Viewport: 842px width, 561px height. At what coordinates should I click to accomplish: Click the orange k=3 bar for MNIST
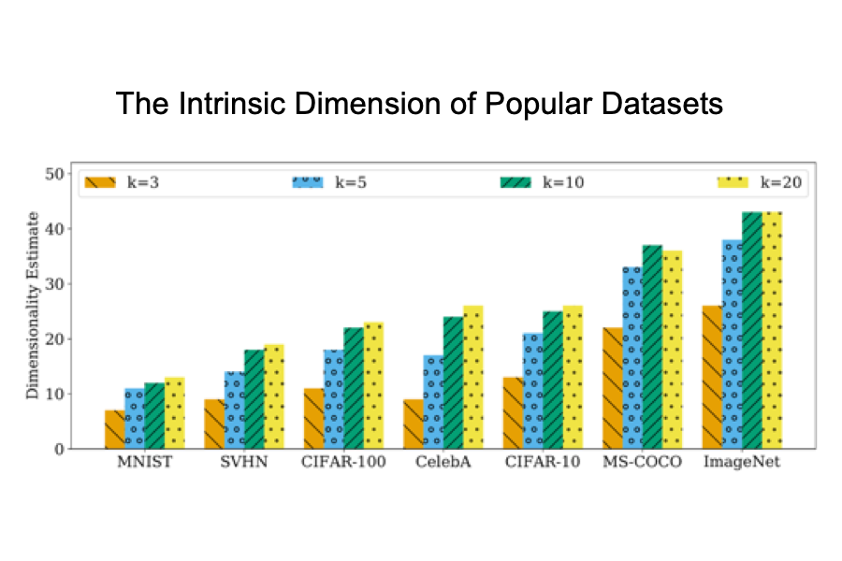click(x=114, y=429)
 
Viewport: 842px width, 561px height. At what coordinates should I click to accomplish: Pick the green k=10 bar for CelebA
click(x=454, y=382)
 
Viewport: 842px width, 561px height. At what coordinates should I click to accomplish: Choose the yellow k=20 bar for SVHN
click(x=274, y=396)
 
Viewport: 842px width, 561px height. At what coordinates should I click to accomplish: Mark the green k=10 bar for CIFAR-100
click(x=354, y=388)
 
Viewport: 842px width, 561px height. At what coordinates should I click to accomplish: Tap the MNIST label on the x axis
click(x=144, y=464)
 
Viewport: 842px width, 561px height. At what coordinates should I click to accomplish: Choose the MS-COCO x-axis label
click(x=643, y=464)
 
